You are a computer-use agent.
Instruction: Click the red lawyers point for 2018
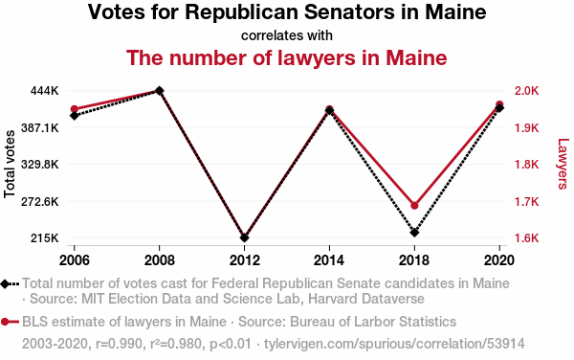pyautogui.click(x=414, y=206)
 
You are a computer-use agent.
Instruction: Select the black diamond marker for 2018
pyautogui.click(x=414, y=233)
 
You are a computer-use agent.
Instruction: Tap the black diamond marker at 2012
pyautogui.click(x=245, y=237)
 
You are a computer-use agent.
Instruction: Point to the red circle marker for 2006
pyautogui.click(x=75, y=109)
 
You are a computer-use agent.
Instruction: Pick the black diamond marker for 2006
pyautogui.click(x=75, y=116)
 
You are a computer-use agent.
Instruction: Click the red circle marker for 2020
pyautogui.click(x=499, y=104)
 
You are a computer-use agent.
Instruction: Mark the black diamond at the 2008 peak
pyautogui.click(x=159, y=90)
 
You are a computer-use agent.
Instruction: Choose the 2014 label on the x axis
pyautogui.click(x=329, y=260)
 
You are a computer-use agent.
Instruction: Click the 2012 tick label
pyautogui.click(x=245, y=260)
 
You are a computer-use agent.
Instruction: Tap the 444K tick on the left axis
pyautogui.click(x=44, y=90)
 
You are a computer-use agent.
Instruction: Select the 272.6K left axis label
pyautogui.click(x=40, y=201)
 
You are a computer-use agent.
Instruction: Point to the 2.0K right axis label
pyautogui.click(x=526, y=90)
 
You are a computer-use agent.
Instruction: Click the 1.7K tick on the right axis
pyautogui.click(x=526, y=201)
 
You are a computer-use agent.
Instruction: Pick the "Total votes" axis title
pyautogui.click(x=10, y=164)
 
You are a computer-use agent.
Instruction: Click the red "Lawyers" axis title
pyautogui.click(x=563, y=164)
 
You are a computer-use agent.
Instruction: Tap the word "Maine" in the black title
pyautogui.click(x=455, y=11)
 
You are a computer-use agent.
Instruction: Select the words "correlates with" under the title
pyautogui.click(x=287, y=35)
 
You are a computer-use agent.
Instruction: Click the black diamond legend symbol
pyautogui.click(x=10, y=283)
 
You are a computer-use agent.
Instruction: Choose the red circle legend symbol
pyautogui.click(x=10, y=322)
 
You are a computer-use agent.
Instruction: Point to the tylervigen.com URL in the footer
pyautogui.click(x=394, y=344)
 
